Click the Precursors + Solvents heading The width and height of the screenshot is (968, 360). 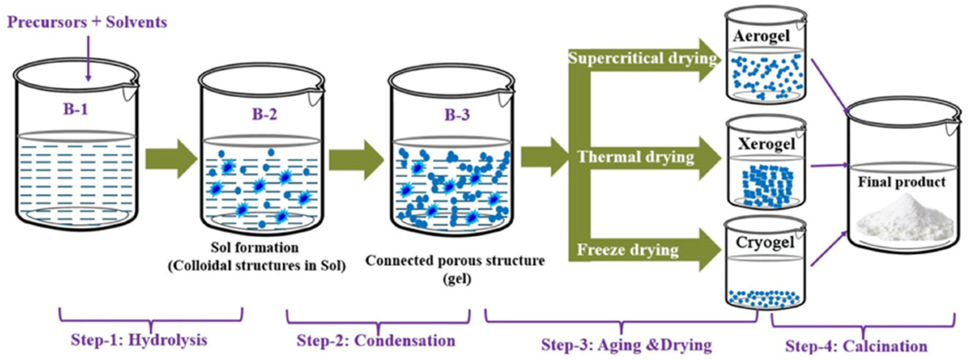(87, 22)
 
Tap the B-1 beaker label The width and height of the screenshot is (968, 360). (75, 109)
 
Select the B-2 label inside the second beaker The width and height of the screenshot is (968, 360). (264, 114)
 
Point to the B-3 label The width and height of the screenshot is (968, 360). (457, 115)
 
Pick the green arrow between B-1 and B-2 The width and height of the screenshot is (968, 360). (171, 159)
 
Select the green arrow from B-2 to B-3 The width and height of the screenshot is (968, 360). (355, 160)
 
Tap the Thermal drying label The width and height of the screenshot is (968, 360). (636, 157)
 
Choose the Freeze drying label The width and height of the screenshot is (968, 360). (627, 250)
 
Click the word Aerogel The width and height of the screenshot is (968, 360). (761, 36)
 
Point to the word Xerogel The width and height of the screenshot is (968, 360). (766, 144)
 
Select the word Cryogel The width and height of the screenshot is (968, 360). (765, 242)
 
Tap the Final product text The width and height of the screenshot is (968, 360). (901, 182)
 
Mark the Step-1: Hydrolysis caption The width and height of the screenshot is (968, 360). (139, 340)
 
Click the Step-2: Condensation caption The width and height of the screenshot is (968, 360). (376, 341)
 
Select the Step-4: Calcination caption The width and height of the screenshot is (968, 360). (856, 346)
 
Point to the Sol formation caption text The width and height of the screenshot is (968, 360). (255, 247)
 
